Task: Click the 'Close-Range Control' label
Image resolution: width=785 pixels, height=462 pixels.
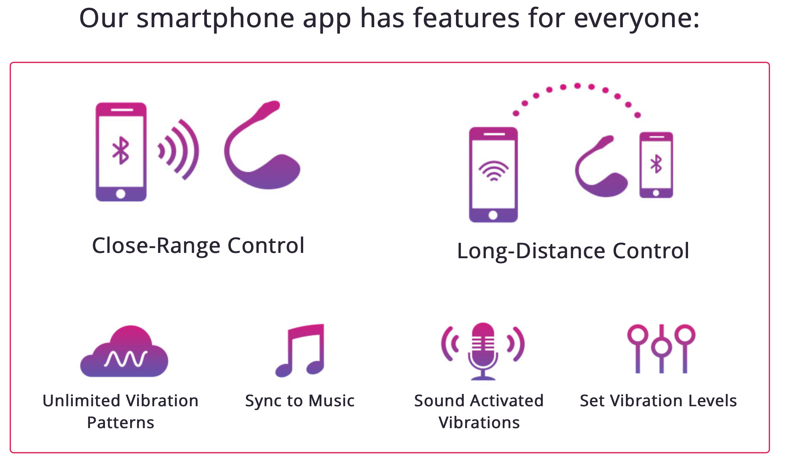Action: click(x=198, y=246)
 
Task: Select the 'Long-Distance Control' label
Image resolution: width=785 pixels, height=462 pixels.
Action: click(x=573, y=251)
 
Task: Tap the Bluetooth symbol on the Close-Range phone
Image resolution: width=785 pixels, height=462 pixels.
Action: click(x=121, y=150)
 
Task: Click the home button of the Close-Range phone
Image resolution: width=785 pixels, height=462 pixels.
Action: click(x=121, y=193)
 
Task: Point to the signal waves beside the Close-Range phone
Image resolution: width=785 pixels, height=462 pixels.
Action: click(x=178, y=150)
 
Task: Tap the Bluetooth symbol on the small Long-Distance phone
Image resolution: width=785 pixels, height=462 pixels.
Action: click(x=656, y=164)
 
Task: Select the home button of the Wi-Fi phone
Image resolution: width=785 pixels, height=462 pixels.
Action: click(x=493, y=215)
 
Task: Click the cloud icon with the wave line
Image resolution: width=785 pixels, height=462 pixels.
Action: click(x=124, y=351)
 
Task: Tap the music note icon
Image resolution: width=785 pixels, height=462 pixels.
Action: click(x=300, y=350)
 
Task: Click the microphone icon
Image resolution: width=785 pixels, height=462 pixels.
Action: click(x=483, y=351)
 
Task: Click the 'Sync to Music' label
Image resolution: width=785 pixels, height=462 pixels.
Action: click(x=300, y=401)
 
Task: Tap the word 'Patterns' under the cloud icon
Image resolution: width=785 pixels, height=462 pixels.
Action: click(x=121, y=423)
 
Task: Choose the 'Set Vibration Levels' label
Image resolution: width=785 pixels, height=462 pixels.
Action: click(x=658, y=401)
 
